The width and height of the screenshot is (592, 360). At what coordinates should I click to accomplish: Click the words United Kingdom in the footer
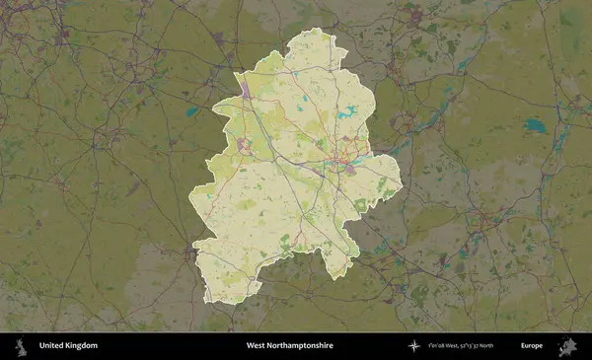[x=68, y=346]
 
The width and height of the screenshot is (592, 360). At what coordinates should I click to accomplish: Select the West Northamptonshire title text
[x=289, y=346]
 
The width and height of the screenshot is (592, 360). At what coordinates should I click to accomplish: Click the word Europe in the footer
[x=532, y=346]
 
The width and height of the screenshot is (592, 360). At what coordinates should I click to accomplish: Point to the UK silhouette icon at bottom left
[x=20, y=346]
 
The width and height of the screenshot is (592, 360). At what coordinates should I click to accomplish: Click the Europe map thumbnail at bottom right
[x=567, y=346]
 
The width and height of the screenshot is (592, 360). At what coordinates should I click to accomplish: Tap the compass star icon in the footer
[x=415, y=346]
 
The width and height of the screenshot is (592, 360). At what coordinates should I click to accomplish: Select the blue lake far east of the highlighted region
[x=534, y=125]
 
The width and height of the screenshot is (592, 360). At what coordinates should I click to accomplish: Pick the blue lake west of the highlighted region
[x=191, y=111]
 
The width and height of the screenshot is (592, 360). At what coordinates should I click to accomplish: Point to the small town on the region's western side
[x=243, y=145]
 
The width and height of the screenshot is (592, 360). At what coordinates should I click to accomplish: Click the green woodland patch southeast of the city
[x=361, y=204]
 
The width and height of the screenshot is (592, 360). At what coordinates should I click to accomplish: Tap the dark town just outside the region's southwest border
[x=188, y=253]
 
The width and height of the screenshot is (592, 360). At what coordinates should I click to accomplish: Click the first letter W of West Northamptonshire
[x=250, y=346]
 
